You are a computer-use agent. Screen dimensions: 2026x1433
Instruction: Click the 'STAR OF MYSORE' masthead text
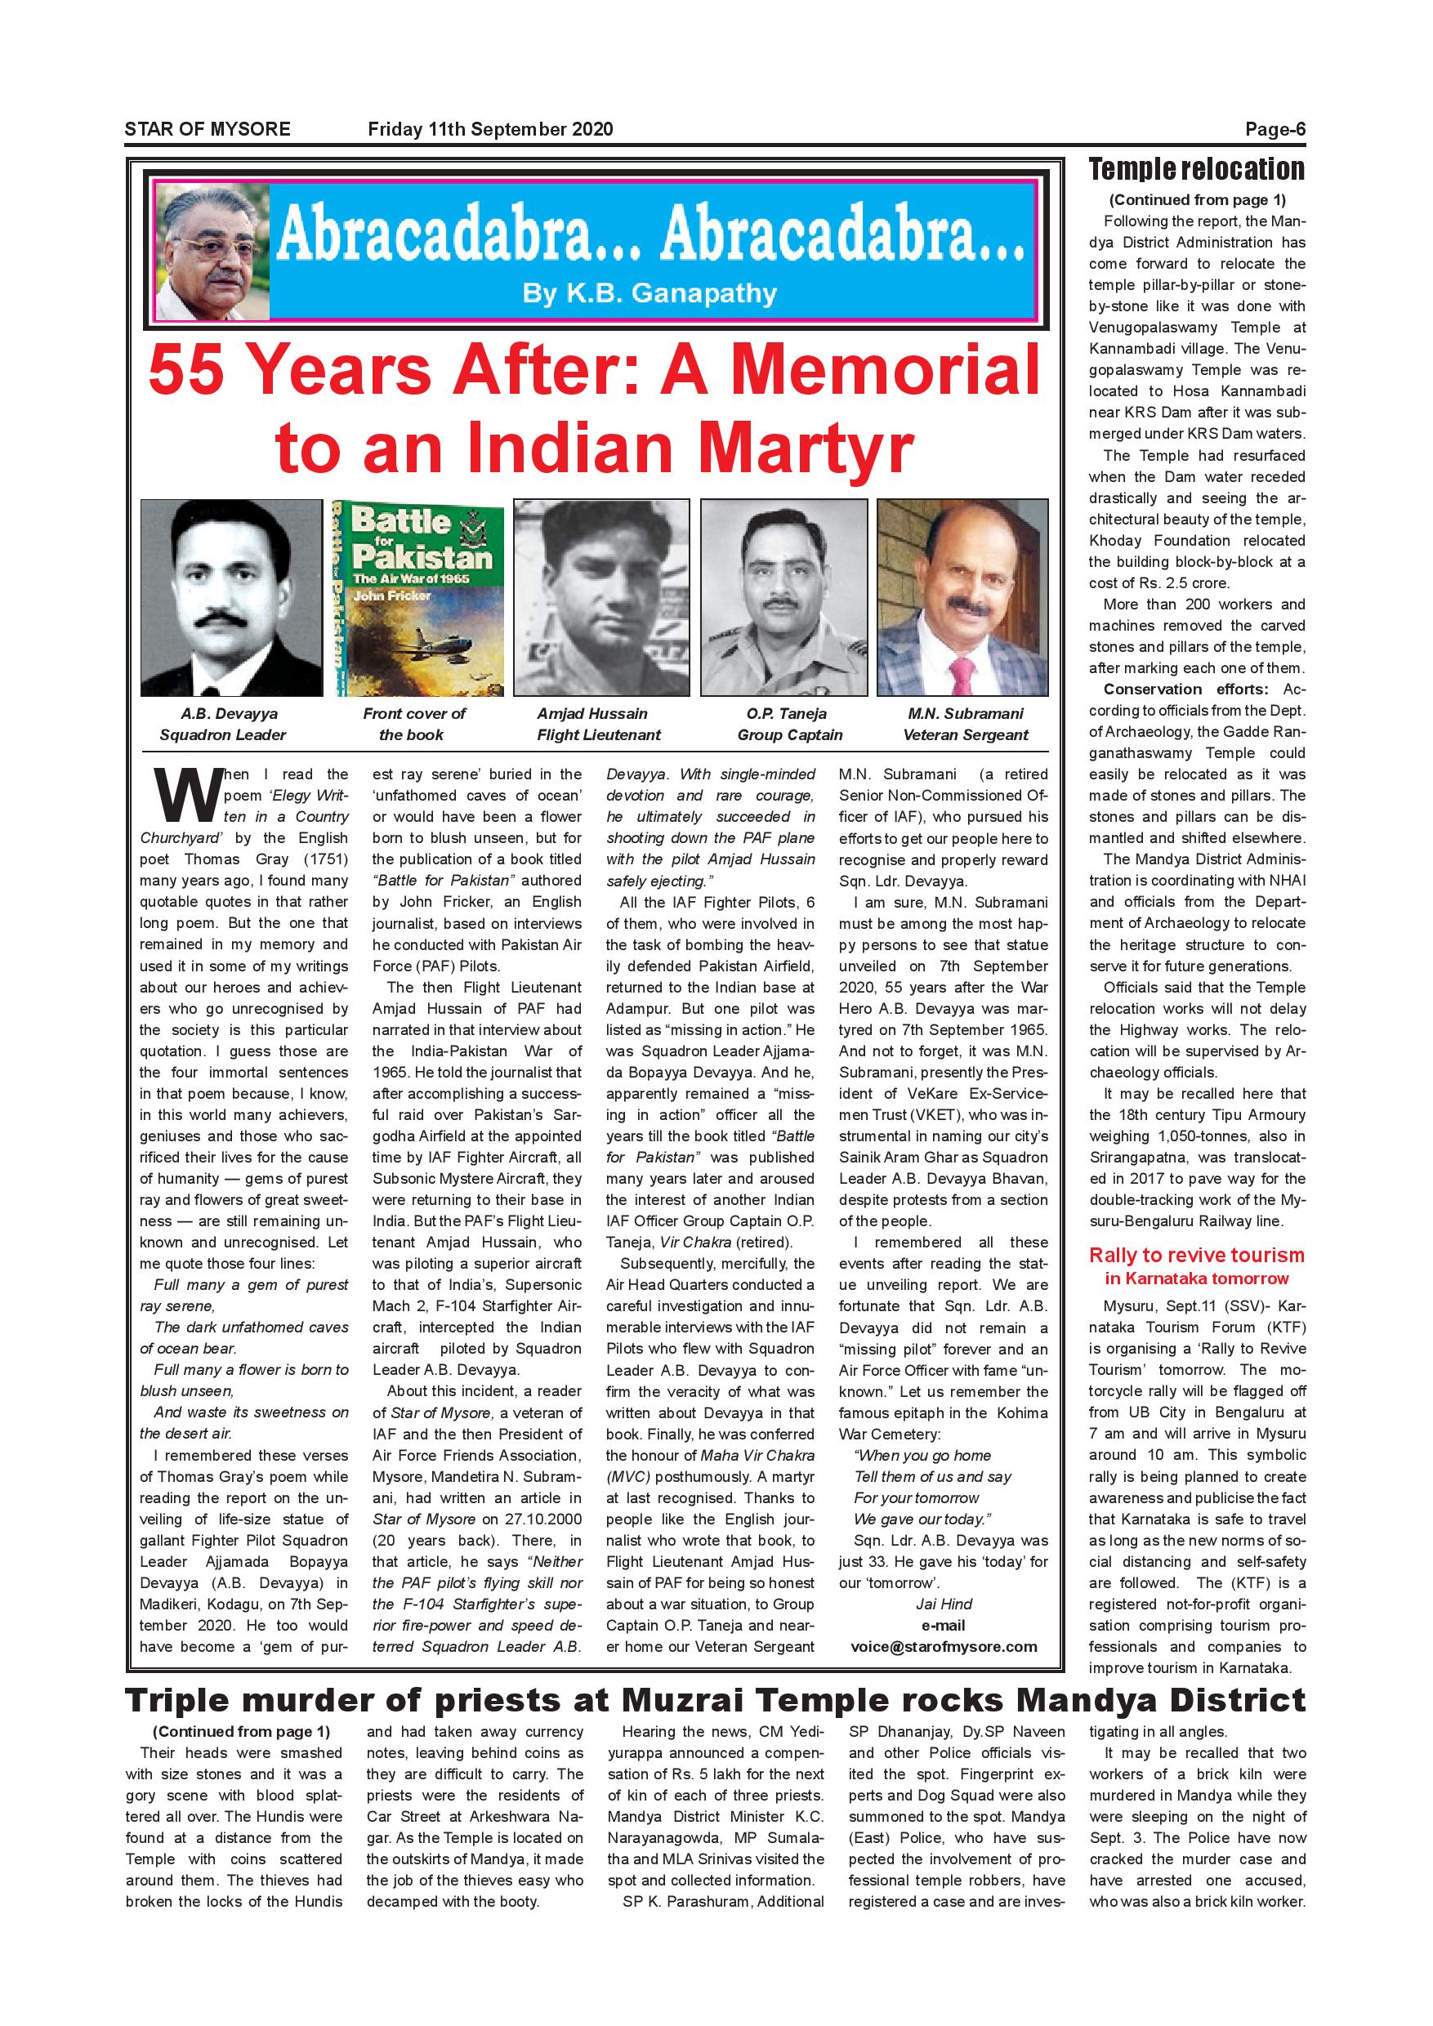(208, 129)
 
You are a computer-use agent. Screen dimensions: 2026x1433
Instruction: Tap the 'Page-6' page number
(1275, 130)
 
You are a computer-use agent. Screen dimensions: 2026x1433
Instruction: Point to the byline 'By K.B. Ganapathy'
(650, 293)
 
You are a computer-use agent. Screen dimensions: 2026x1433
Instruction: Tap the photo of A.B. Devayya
(231, 597)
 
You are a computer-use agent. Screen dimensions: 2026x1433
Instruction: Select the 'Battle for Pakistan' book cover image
(417, 597)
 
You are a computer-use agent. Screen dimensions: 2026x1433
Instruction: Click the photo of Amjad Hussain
(601, 597)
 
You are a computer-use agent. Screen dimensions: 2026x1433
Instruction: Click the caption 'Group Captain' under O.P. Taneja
(790, 735)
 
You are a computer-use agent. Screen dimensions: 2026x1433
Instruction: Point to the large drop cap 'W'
(181, 794)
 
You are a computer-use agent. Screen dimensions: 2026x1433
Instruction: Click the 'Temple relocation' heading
(1197, 168)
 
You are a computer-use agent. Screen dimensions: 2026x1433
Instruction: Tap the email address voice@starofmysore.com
(944, 1647)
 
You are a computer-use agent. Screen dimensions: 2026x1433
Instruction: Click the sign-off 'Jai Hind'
(944, 1604)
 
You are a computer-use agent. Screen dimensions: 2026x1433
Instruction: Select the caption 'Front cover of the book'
(414, 725)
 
